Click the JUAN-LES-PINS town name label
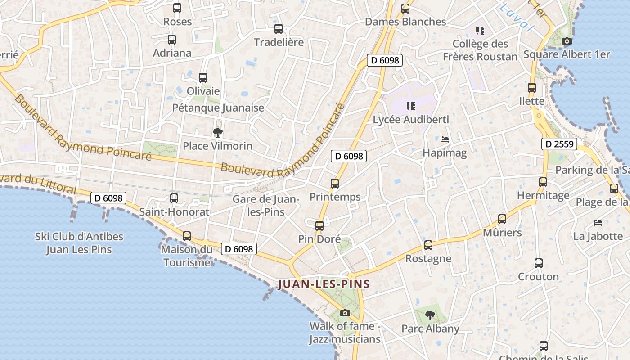pyautogui.click(x=324, y=284)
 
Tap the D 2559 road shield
pyautogui.click(x=559, y=144)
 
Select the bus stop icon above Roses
pyautogui.click(x=177, y=8)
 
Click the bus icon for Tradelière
pyautogui.click(x=279, y=29)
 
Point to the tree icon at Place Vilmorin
pyautogui.click(x=218, y=132)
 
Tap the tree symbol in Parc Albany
pyautogui.click(x=430, y=315)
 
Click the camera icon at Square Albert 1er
pyautogui.click(x=567, y=41)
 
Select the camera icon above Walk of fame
pyautogui.click(x=345, y=313)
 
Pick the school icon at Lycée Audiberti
pyautogui.click(x=410, y=106)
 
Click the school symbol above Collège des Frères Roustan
pyautogui.click(x=480, y=31)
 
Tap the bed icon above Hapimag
pyautogui.click(x=445, y=139)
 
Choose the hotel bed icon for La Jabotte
pyautogui.click(x=598, y=222)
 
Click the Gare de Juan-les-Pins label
pyautogui.click(x=266, y=205)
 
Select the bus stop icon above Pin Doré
pyautogui.click(x=319, y=225)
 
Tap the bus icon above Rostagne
pyautogui.click(x=428, y=245)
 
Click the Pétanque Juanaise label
pyautogui.click(x=218, y=108)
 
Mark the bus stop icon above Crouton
pyautogui.click(x=539, y=263)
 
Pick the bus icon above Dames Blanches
pyautogui.click(x=405, y=8)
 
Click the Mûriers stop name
pyautogui.click(x=502, y=233)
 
